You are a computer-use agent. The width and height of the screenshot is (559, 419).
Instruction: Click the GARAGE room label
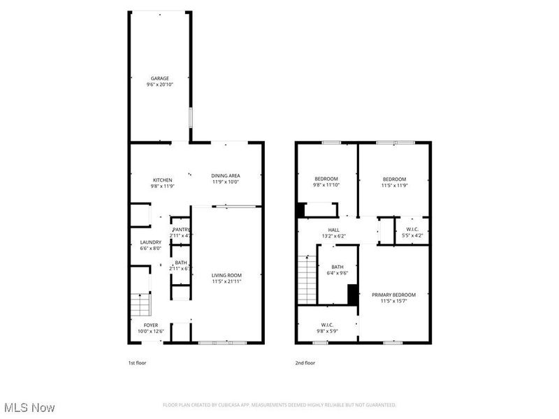(160, 78)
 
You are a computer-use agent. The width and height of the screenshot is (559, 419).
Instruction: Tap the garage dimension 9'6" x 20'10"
(160, 84)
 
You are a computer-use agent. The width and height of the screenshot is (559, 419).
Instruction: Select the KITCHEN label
(162, 180)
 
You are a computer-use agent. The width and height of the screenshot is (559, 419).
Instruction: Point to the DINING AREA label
(226, 176)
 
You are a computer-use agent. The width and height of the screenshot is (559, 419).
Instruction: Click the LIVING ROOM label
(227, 276)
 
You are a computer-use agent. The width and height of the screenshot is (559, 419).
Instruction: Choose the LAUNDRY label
(150, 242)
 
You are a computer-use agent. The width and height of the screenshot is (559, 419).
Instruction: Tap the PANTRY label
(181, 229)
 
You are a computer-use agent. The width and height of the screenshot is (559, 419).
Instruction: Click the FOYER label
(151, 325)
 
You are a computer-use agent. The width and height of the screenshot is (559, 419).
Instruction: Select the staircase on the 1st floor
(140, 305)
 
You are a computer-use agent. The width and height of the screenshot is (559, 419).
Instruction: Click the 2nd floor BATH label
(337, 267)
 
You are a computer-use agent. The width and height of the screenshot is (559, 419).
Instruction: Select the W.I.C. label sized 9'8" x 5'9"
(326, 325)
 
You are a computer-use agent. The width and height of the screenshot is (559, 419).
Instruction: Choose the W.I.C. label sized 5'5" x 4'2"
(412, 230)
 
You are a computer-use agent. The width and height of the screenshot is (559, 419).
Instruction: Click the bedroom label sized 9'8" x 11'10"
(326, 179)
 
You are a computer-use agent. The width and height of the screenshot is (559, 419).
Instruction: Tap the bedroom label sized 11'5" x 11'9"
(394, 179)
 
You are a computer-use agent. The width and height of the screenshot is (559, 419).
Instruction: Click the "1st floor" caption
(137, 363)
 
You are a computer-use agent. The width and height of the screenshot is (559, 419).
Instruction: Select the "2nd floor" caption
(305, 363)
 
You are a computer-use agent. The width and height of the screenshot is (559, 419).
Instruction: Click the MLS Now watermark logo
(29, 406)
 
